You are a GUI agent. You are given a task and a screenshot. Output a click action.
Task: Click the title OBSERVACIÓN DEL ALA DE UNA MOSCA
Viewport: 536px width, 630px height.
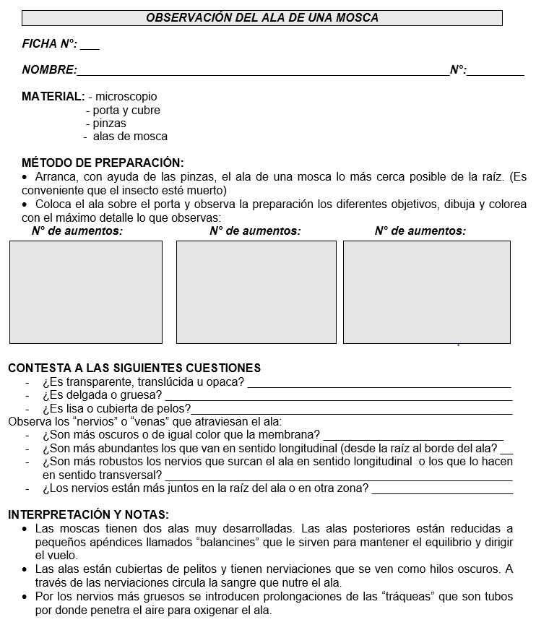[x=261, y=17]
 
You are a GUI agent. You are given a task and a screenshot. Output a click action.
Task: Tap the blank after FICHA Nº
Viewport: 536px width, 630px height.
[x=90, y=45]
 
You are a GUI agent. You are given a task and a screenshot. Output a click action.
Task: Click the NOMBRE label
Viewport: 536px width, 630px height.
[x=48, y=70]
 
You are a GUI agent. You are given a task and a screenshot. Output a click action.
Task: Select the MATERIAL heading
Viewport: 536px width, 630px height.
[x=53, y=96]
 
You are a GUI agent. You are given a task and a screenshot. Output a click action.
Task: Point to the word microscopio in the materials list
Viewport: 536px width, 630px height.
[x=126, y=96]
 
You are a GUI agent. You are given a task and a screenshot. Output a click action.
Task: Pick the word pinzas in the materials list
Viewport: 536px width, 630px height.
[x=109, y=123]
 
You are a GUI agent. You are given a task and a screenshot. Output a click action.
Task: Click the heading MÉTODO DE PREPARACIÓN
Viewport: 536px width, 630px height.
[x=103, y=163]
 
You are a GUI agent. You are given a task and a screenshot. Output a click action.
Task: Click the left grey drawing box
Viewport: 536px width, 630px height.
[x=86, y=292]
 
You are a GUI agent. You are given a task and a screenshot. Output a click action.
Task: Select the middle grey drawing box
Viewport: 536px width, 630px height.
[x=256, y=292]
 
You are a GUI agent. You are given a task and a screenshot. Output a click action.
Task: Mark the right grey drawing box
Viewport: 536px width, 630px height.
[x=426, y=292]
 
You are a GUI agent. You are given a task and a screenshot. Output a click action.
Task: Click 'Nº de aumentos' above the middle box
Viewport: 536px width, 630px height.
[x=255, y=231]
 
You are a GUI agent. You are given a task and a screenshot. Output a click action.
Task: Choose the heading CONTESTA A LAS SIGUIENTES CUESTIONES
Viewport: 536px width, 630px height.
[x=134, y=368]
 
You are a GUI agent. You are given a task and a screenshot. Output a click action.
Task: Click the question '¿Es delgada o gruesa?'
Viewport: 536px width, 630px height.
[x=102, y=395]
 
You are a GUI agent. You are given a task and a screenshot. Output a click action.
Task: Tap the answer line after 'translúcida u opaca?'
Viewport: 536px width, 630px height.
[x=379, y=383]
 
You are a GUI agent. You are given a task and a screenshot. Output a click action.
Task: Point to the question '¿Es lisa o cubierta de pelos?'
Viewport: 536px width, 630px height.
[x=116, y=409]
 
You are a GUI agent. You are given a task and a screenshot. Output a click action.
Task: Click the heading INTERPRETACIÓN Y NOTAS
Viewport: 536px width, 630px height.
[x=88, y=514]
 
